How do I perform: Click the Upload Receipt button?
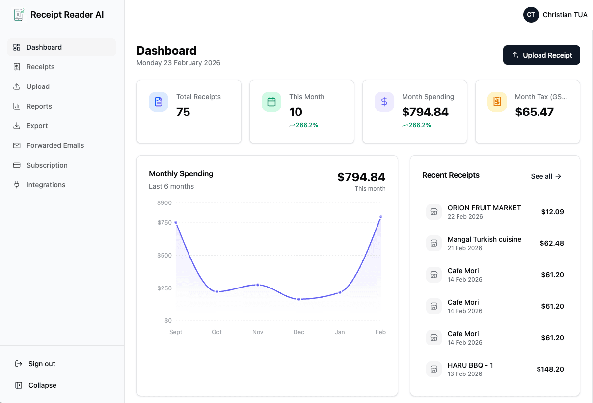pyautogui.click(x=541, y=55)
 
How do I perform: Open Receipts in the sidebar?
pyautogui.click(x=40, y=67)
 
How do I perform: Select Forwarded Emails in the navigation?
pyautogui.click(x=55, y=145)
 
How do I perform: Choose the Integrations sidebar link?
pyautogui.click(x=46, y=185)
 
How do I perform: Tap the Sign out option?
pyautogui.click(x=42, y=364)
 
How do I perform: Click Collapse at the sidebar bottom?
pyautogui.click(x=42, y=385)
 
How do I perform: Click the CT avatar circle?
pyautogui.click(x=531, y=15)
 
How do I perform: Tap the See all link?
pyautogui.click(x=546, y=176)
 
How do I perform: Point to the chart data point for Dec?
pyautogui.click(x=299, y=299)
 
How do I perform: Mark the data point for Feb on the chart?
pyautogui.click(x=380, y=217)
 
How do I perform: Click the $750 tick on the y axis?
pyautogui.click(x=164, y=223)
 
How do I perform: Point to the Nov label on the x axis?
pyautogui.click(x=258, y=332)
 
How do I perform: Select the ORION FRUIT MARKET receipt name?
pyautogui.click(x=484, y=208)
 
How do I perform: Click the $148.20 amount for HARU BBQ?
pyautogui.click(x=550, y=369)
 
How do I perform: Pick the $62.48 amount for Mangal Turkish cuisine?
pyautogui.click(x=552, y=243)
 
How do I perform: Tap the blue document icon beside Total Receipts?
pyautogui.click(x=159, y=102)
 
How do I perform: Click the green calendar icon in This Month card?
pyautogui.click(x=271, y=102)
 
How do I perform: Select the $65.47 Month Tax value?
pyautogui.click(x=534, y=112)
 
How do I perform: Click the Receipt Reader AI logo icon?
pyautogui.click(x=19, y=15)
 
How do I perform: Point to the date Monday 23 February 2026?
pyautogui.click(x=178, y=63)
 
